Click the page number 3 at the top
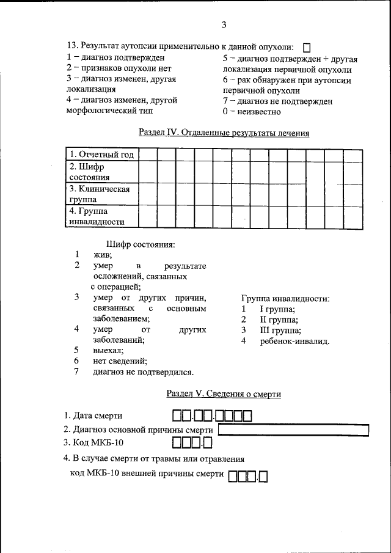click(224, 25)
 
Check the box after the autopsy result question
click(307, 48)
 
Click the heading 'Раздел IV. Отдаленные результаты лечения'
click(224, 133)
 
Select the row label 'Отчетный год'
click(101, 155)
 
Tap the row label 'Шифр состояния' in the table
click(89, 172)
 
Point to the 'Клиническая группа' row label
click(99, 194)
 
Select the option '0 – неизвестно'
click(252, 112)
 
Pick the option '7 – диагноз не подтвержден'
click(277, 101)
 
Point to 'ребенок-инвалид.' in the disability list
click(294, 340)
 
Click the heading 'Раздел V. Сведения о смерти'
click(224, 394)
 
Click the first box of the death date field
click(177, 417)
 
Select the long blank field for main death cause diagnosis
click(293, 430)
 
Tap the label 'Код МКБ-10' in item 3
click(97, 442)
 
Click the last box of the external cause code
click(265, 475)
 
